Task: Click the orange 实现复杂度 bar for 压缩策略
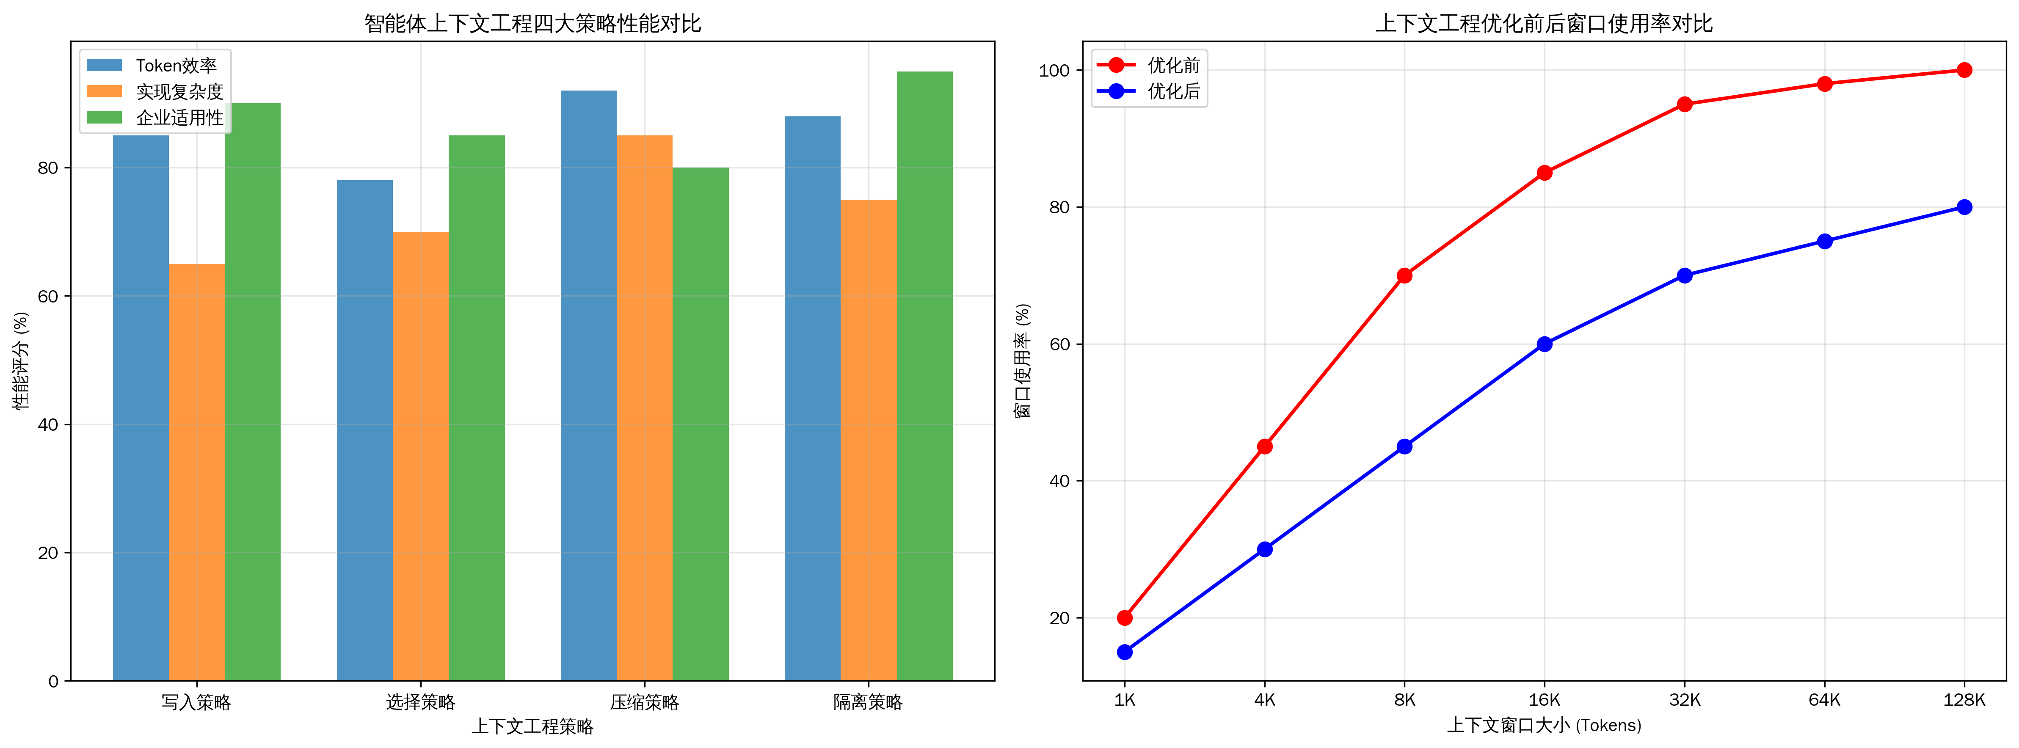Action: [644, 407]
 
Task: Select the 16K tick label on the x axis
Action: [1544, 699]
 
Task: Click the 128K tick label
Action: [1964, 699]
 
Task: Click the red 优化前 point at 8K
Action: [1404, 276]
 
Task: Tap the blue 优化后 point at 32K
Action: [1684, 276]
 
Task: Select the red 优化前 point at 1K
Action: [1125, 618]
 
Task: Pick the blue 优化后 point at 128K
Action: [1964, 208]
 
